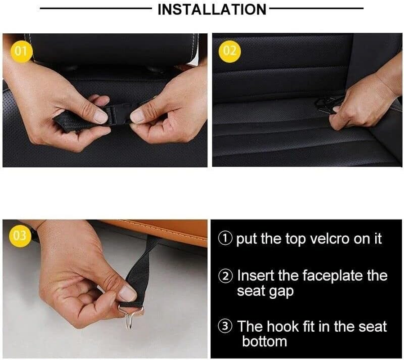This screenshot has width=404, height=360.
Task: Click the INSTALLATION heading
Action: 211,9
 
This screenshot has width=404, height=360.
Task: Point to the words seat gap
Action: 265,291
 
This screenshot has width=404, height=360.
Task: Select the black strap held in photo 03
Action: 144,265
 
